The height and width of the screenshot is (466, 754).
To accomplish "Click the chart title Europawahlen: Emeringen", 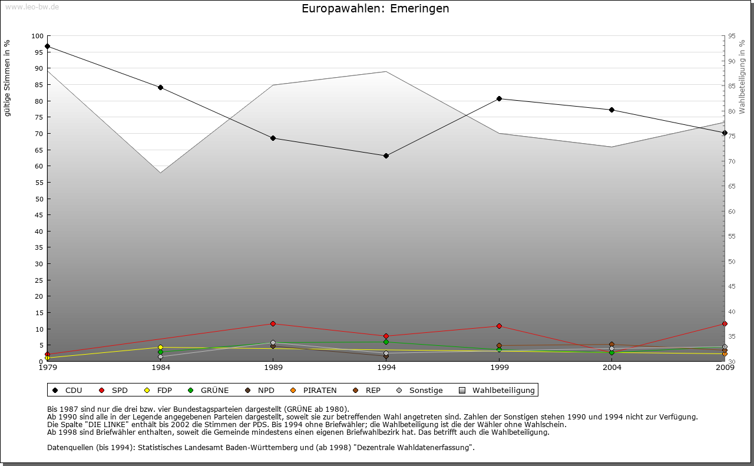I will point(375,9).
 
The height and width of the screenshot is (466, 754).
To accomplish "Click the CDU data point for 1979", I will point(47,46).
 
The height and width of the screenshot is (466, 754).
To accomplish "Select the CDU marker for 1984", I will point(160,87).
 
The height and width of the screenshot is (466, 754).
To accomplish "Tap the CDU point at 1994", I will point(386,156).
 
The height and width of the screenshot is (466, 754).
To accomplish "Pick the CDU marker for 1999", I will point(499,98).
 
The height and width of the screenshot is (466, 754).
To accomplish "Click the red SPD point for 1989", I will point(273,323).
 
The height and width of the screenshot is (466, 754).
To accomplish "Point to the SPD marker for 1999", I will point(499,326).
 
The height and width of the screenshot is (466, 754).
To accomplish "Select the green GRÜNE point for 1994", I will point(386,342).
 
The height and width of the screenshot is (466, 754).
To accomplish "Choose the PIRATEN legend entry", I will point(314,390).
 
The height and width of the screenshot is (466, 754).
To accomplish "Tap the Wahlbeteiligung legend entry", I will point(497,390).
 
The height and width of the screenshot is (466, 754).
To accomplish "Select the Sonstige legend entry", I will point(420,390).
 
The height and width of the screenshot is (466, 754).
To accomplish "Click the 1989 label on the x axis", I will point(273,368).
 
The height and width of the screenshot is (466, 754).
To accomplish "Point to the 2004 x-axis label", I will point(612,368).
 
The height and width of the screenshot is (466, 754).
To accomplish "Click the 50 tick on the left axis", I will point(39,199).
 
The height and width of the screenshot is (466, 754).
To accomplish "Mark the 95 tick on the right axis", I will point(732,36).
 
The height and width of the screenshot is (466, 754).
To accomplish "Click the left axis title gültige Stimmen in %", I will point(8,78).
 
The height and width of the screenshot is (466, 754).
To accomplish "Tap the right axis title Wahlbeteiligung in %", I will point(742,77).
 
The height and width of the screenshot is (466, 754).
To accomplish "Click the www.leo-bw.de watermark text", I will point(32,7).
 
